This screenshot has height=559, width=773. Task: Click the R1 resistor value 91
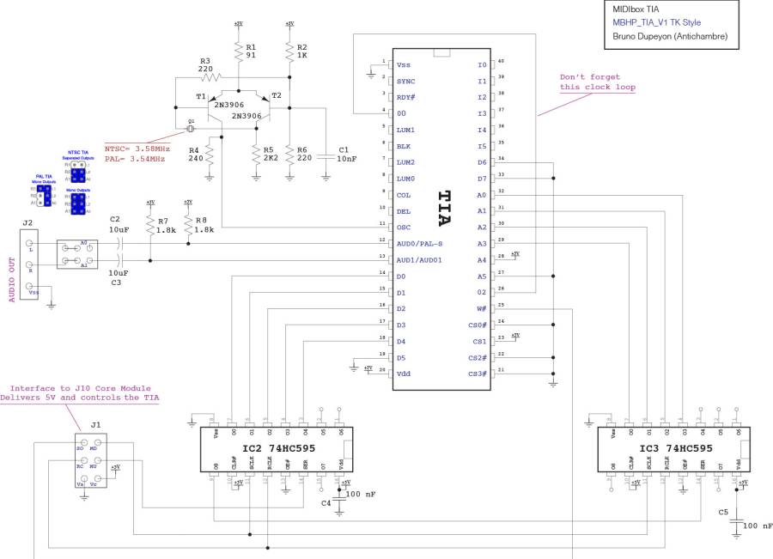251,54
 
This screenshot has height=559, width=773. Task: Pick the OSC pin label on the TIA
405,228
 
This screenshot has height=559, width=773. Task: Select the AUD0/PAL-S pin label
422,244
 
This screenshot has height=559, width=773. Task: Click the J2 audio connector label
27,222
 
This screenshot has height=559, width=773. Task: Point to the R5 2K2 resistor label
269,154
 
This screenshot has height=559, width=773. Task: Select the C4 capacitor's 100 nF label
361,494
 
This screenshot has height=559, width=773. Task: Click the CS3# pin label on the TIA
477,374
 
